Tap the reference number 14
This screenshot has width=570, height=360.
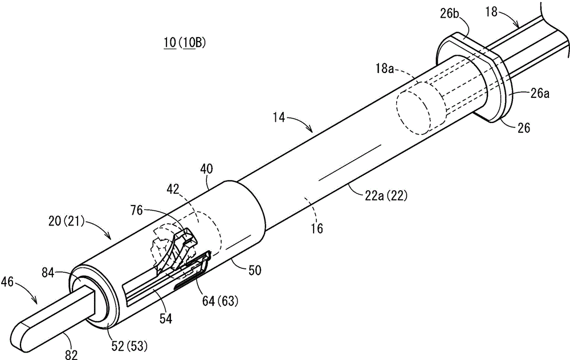click(280, 118)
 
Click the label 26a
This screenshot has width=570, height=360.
click(540, 94)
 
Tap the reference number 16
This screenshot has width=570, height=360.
click(317, 228)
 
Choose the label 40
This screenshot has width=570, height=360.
click(206, 169)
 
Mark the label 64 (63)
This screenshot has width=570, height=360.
click(220, 301)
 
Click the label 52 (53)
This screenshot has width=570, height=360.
click(129, 346)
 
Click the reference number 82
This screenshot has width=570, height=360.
click(71, 354)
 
